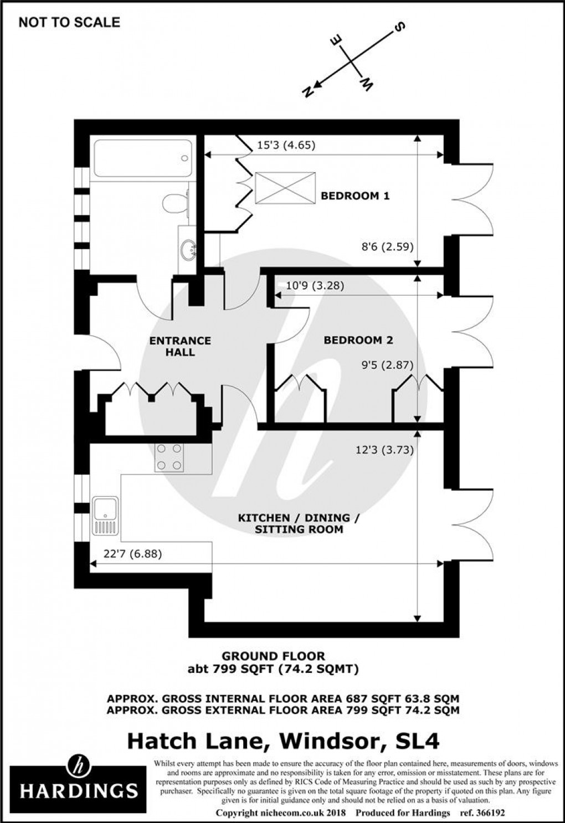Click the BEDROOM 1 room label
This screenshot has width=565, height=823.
pyautogui.click(x=356, y=196)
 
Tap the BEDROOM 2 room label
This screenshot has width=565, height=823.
pyautogui.click(x=358, y=340)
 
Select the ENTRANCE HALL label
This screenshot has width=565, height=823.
pyautogui.click(x=180, y=346)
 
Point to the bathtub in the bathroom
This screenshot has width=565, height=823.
pyautogui.click(x=142, y=159)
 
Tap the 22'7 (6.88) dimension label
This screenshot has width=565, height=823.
pyautogui.click(x=132, y=553)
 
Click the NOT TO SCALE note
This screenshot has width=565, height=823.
pyautogui.click(x=69, y=23)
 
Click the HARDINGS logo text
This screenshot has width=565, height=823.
pyautogui.click(x=79, y=790)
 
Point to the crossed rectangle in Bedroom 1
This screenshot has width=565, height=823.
pyautogui.click(x=285, y=188)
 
